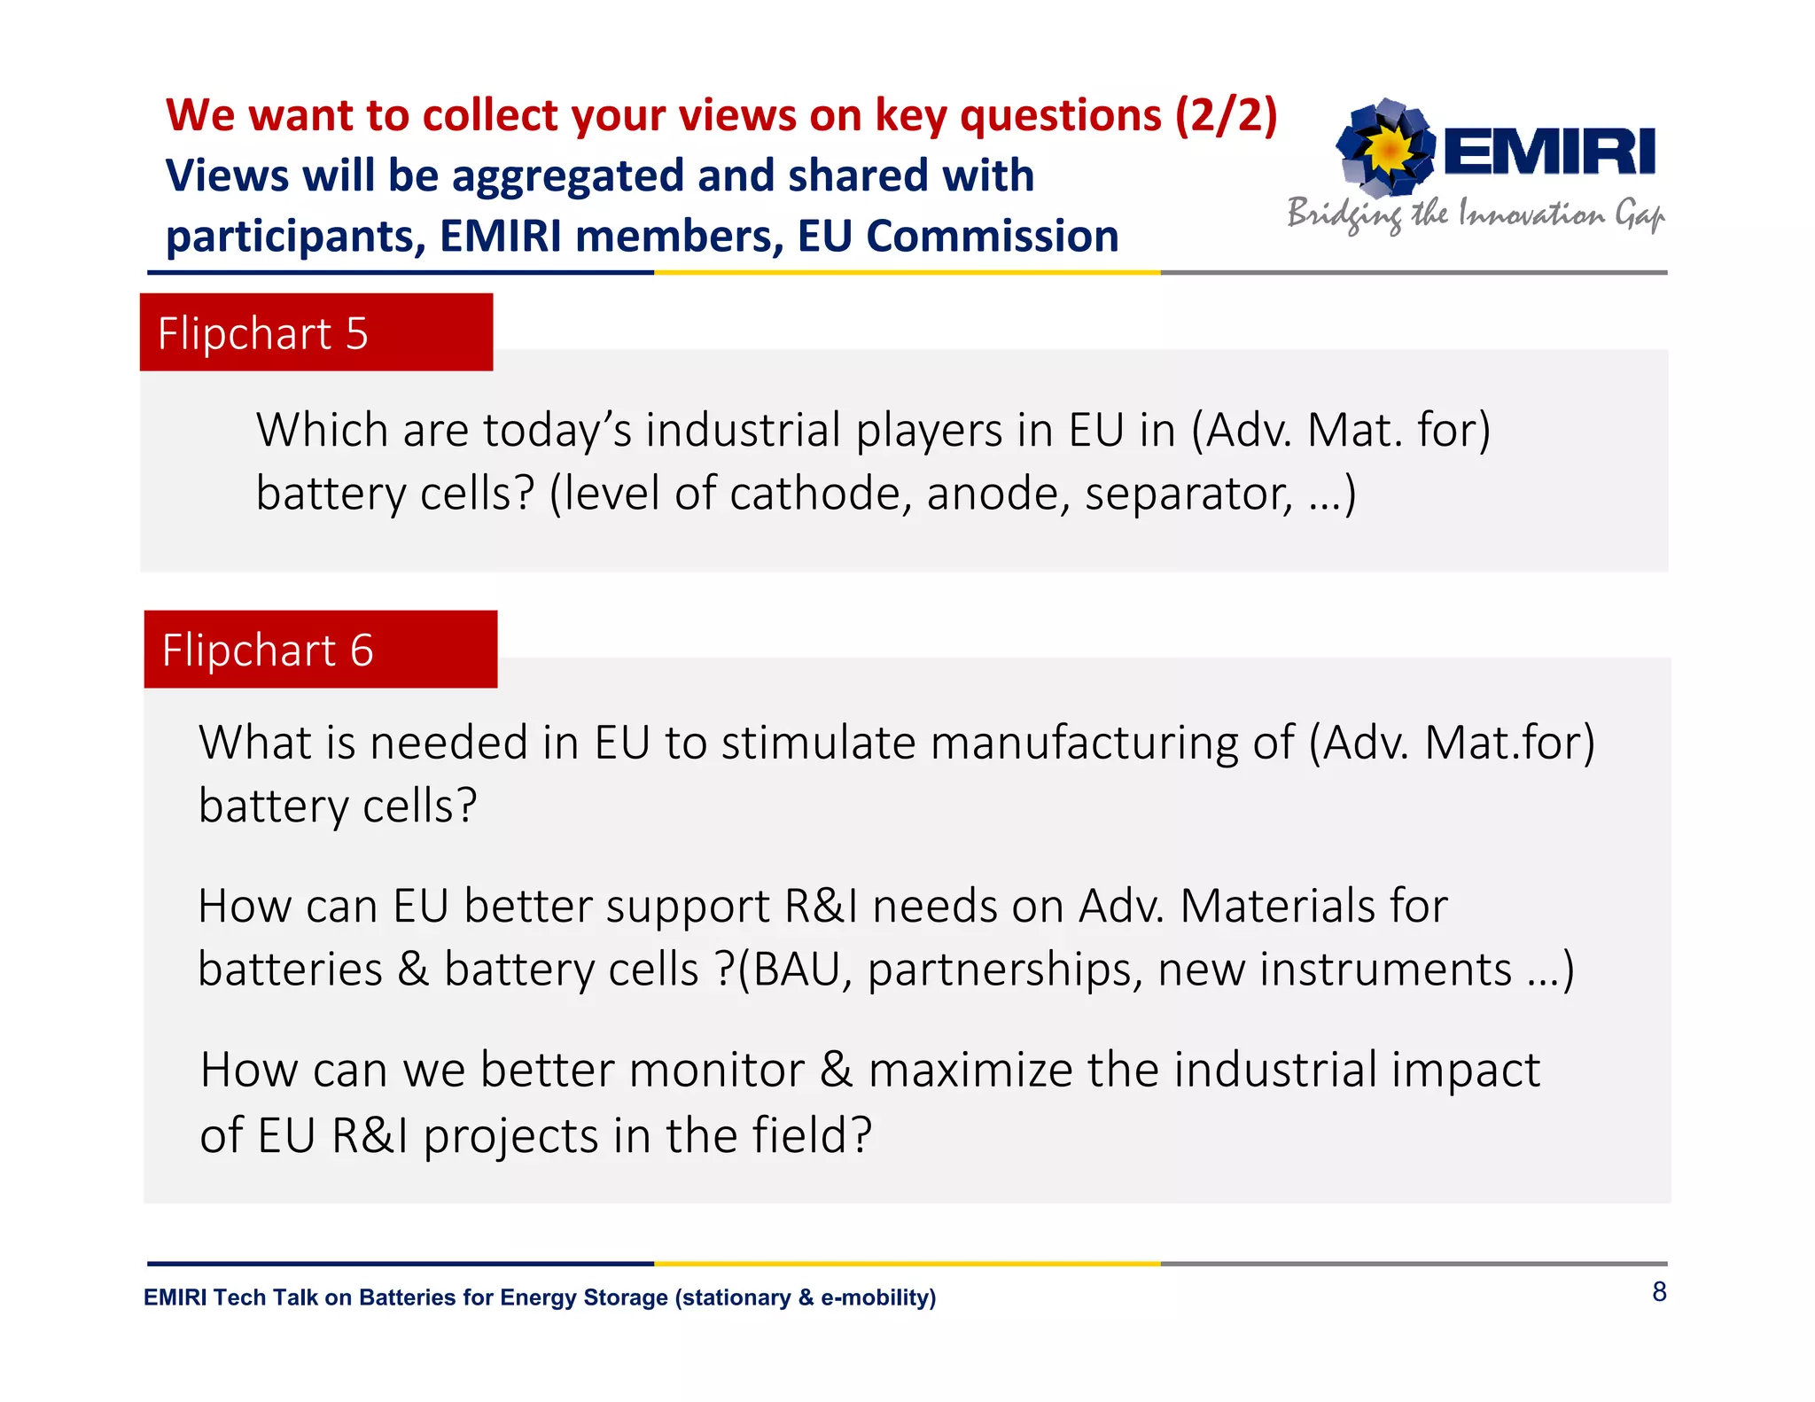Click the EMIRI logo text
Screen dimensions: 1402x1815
(x=1548, y=152)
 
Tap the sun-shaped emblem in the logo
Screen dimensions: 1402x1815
(x=1388, y=148)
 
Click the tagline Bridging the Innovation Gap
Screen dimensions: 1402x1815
(x=1476, y=214)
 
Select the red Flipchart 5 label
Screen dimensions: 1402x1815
(x=315, y=333)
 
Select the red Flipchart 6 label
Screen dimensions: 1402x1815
(x=320, y=650)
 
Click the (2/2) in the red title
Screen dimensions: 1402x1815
(x=1226, y=115)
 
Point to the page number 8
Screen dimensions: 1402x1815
(x=1659, y=1292)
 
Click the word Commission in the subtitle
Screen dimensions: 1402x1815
(x=993, y=237)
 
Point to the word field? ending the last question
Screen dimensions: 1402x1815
(x=812, y=1135)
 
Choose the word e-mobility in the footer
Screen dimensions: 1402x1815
(x=875, y=1297)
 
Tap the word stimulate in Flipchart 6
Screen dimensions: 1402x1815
(x=817, y=743)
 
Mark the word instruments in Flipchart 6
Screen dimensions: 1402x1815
(x=1385, y=970)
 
